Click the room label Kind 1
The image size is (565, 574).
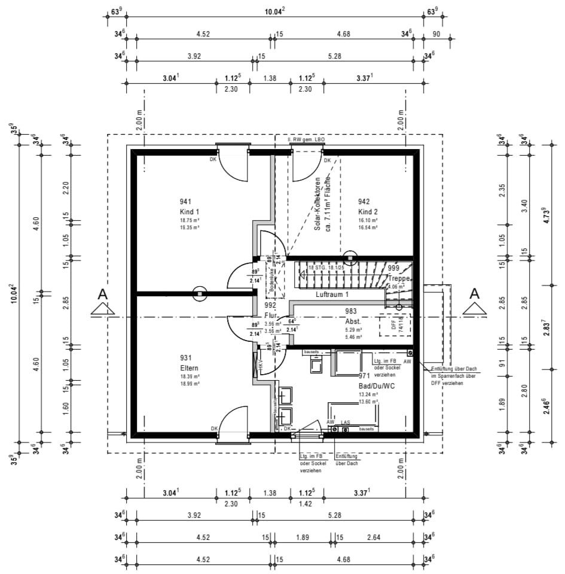coord(189,212)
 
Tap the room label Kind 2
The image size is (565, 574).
coord(368,212)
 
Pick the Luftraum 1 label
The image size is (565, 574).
coord(332,295)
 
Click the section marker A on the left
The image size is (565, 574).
coord(102,294)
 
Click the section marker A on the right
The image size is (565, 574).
coord(474,294)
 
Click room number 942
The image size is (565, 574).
coord(365,201)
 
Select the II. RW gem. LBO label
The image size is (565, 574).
coord(306,139)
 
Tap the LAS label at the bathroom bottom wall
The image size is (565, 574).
coord(345,423)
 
